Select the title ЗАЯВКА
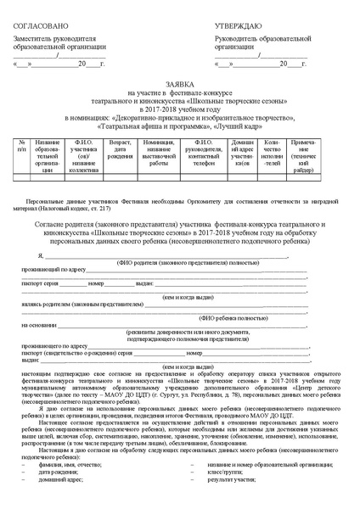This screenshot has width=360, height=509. (179, 85)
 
